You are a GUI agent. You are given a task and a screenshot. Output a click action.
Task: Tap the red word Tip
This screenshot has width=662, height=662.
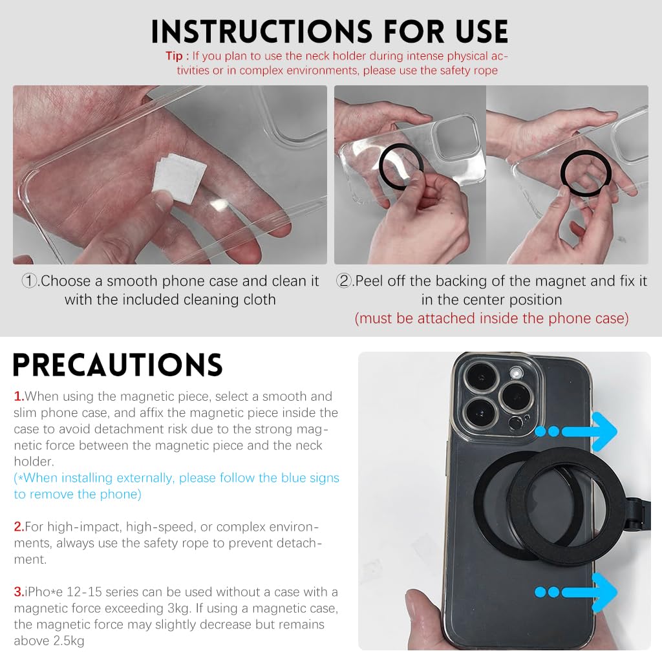pos(174,56)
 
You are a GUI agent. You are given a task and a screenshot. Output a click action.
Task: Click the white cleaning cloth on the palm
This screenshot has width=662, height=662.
pos(180,177)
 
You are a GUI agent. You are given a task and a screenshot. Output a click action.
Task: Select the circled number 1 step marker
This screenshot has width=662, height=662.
pos(29,281)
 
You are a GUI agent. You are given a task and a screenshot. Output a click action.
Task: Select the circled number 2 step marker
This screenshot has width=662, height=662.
pos(344,281)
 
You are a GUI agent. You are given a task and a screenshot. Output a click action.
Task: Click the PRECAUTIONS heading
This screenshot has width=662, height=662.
pos(118,365)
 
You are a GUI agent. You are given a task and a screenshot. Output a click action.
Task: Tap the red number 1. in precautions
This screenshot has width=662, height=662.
pos(19,396)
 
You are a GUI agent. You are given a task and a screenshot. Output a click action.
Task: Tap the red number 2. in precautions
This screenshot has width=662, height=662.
pos(19,527)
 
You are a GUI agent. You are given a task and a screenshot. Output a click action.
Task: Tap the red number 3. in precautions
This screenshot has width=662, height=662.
pos(19,592)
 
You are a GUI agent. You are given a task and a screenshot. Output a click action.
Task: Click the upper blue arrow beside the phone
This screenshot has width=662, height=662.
pos(577,431)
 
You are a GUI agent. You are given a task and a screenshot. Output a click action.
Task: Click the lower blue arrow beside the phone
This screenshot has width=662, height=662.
pos(577,592)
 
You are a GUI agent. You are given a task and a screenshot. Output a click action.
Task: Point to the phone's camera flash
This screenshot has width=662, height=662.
pos(516,374)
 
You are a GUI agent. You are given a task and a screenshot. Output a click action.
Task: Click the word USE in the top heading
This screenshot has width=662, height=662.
pos(482,32)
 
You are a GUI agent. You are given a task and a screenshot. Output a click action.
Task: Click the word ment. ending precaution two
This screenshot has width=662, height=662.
pos(30,560)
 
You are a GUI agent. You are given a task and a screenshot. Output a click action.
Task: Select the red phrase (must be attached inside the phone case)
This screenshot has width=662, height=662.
pos(491,318)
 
